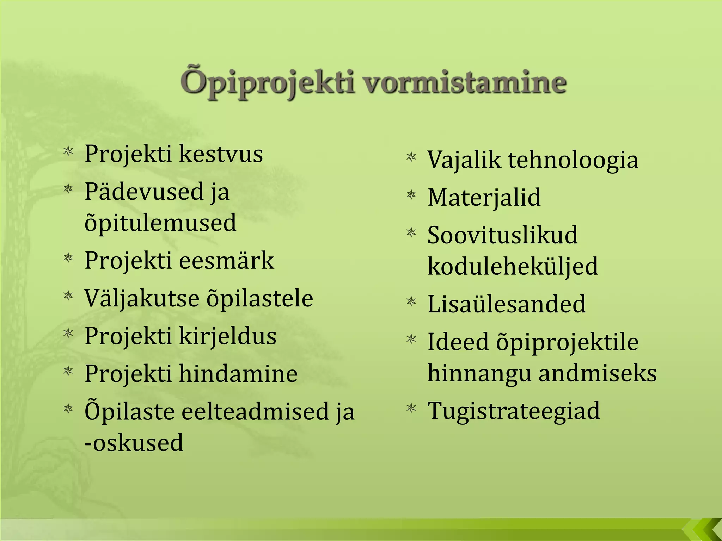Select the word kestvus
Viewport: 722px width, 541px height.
(221, 154)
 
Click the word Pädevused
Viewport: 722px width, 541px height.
(144, 192)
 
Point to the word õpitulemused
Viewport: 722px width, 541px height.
(160, 223)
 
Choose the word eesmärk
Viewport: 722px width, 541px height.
(227, 261)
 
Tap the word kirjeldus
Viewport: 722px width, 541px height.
(228, 336)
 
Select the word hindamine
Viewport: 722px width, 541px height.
(238, 374)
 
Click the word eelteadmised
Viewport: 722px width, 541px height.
(255, 412)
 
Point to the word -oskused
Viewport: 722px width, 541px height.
(134, 443)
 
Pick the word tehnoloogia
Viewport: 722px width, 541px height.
(573, 160)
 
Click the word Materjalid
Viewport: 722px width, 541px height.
(484, 198)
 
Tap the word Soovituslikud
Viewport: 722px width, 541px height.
(502, 235)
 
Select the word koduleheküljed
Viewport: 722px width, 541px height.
(513, 267)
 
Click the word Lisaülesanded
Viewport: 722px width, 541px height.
(506, 304)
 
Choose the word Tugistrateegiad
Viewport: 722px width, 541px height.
(513, 411)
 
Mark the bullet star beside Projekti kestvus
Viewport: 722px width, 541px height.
(68, 152)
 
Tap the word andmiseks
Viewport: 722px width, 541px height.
(598, 373)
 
